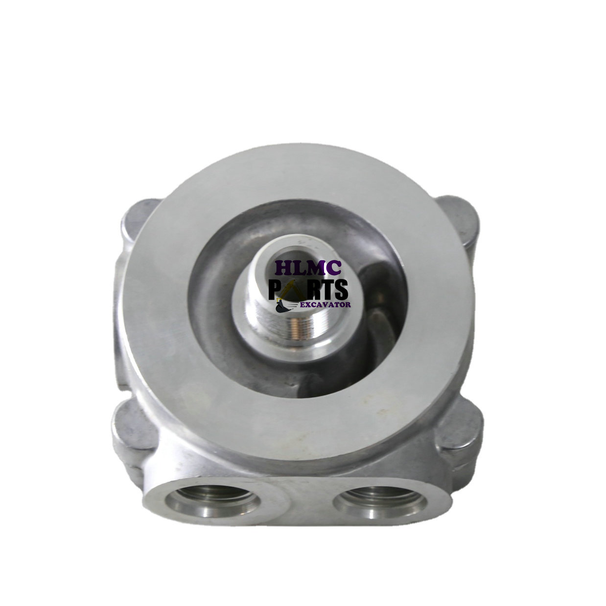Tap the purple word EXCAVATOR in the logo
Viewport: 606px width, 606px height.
point(326,305)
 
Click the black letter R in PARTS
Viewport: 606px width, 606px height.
point(314,290)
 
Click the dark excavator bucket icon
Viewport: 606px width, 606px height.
point(283,307)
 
